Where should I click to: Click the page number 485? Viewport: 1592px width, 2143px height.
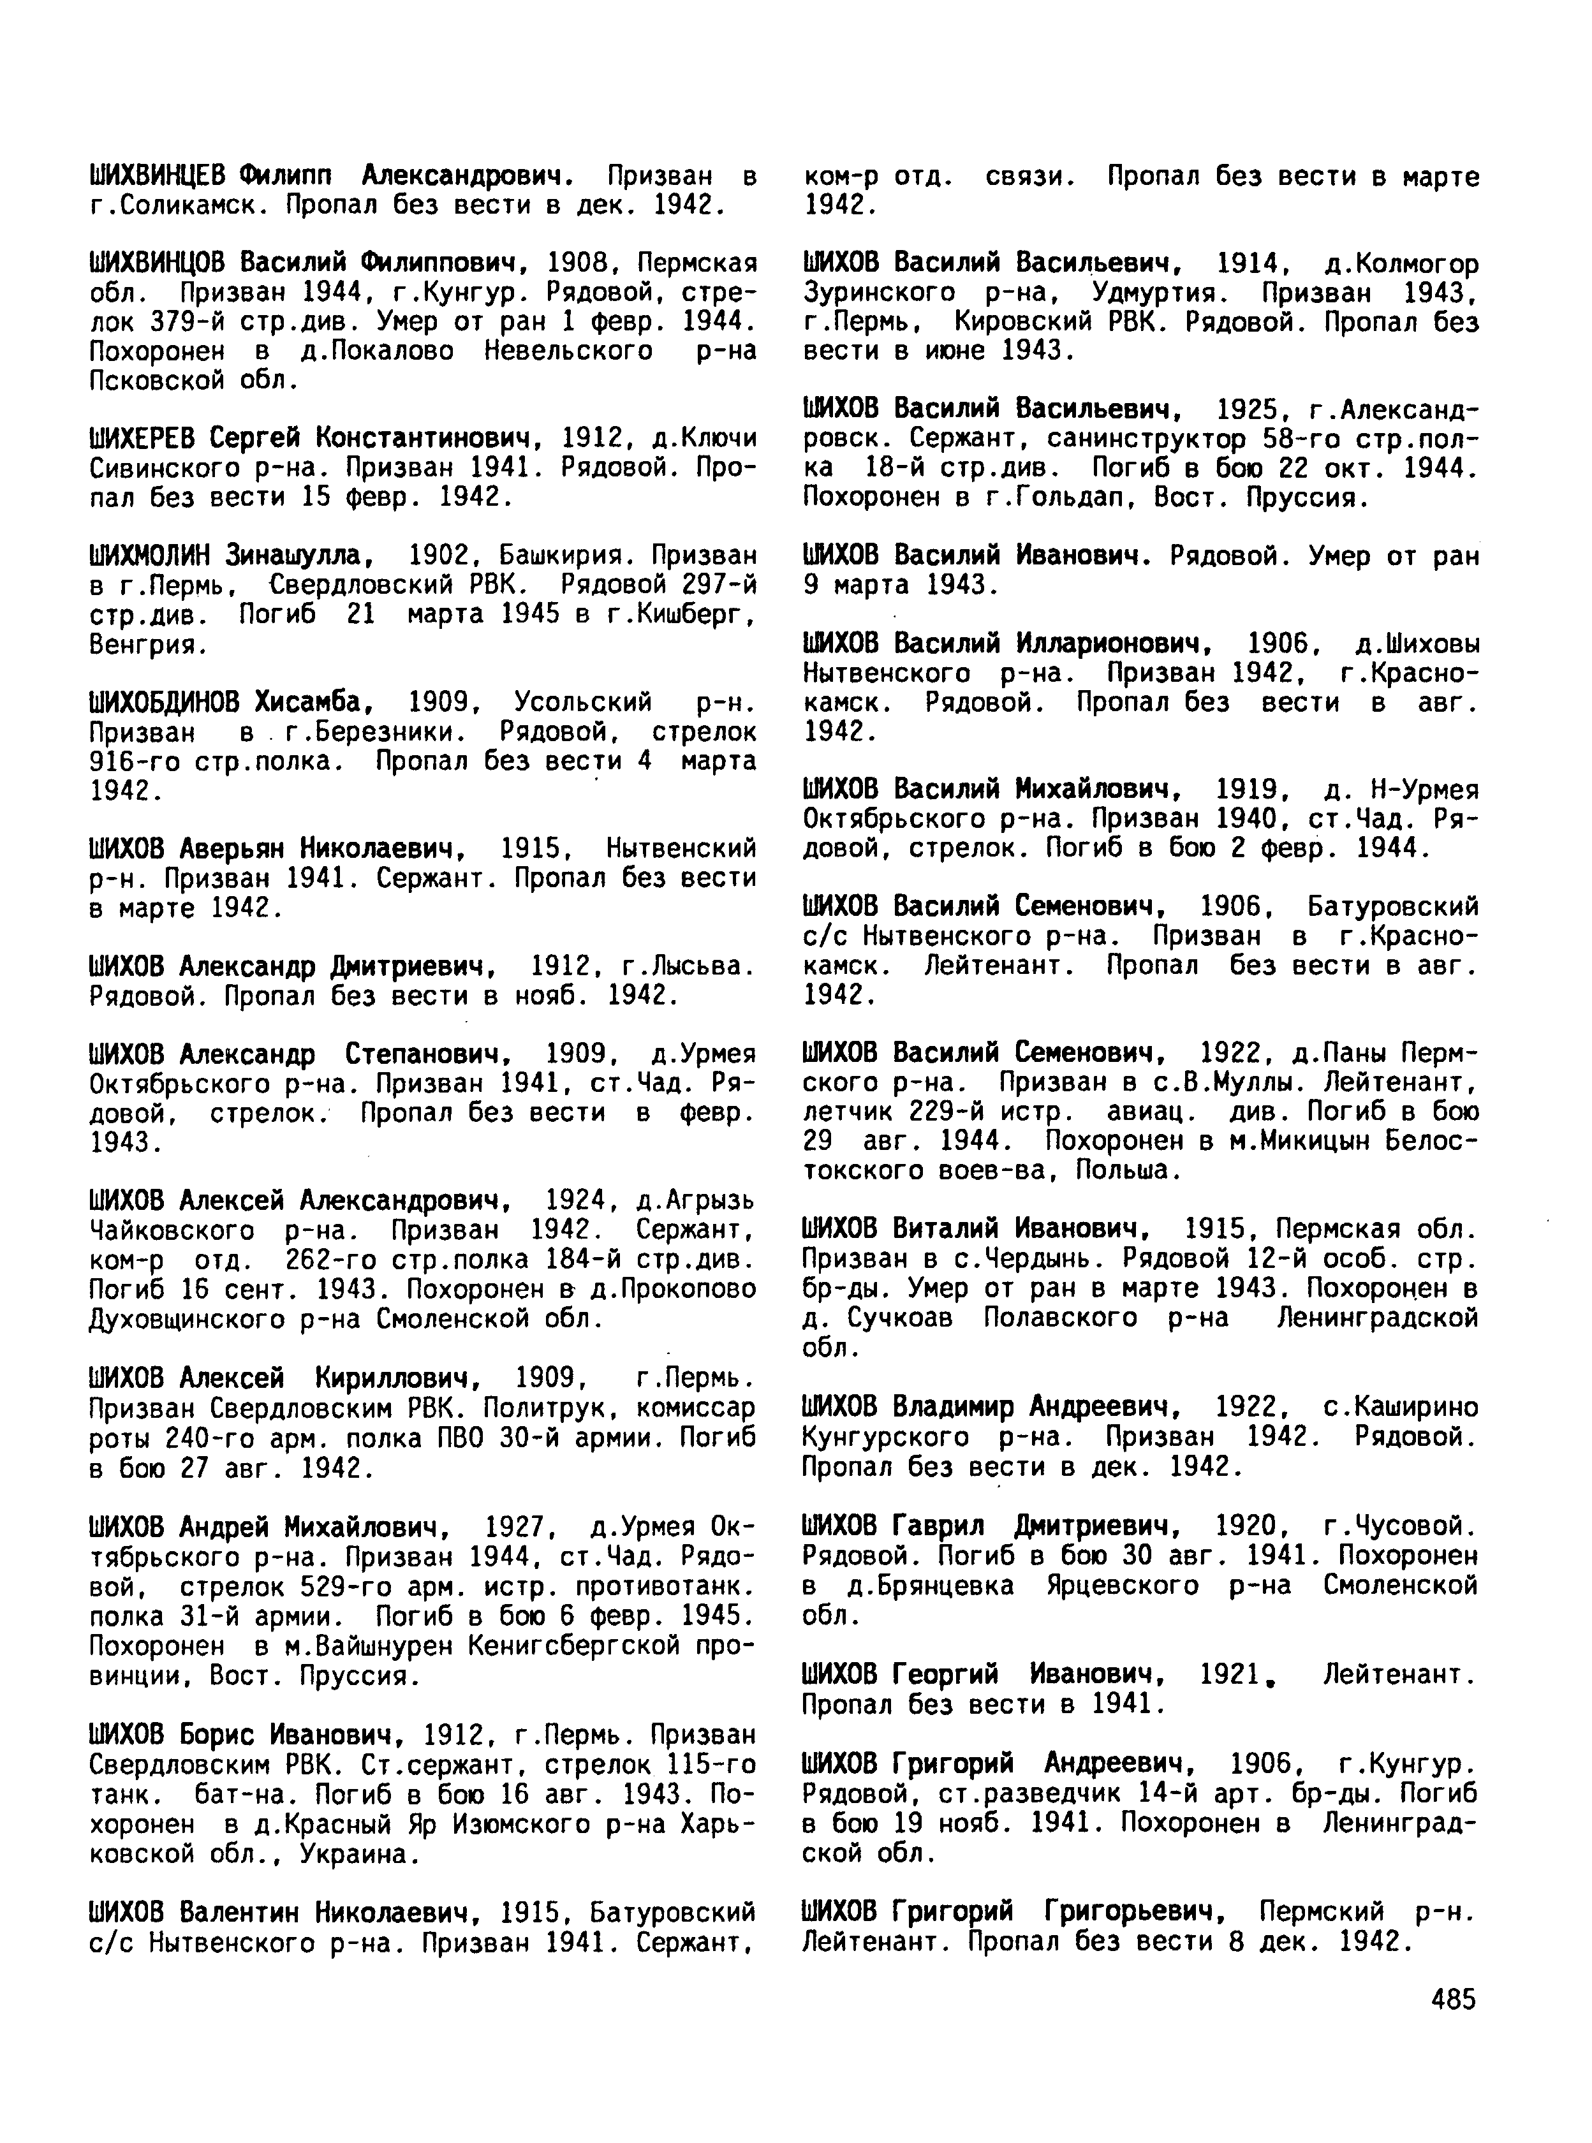pos(1453,2000)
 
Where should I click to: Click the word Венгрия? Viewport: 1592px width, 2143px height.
pos(145,645)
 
